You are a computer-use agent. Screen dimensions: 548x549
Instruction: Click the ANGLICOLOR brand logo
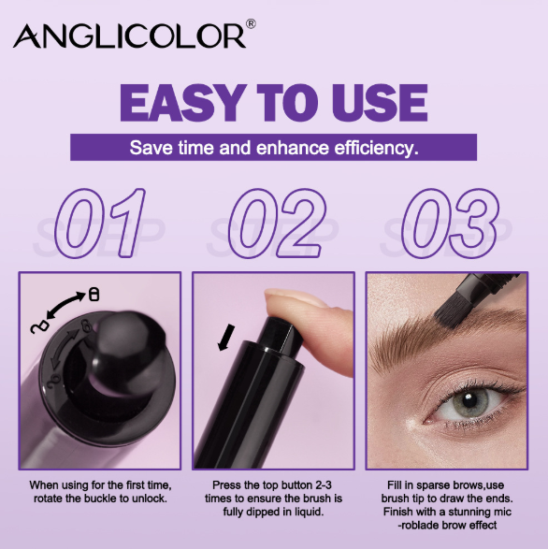click(x=130, y=36)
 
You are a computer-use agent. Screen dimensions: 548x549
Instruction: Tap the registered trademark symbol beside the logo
click(x=251, y=23)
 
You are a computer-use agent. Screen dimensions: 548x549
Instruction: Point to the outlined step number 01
click(x=100, y=223)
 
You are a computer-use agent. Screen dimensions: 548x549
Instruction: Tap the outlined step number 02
click(x=277, y=223)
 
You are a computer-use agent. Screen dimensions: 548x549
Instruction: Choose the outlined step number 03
click(x=450, y=223)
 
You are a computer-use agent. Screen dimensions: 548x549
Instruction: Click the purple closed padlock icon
click(x=94, y=294)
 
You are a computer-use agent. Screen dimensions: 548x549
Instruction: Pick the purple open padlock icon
click(x=39, y=327)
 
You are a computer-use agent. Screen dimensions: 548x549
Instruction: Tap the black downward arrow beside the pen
click(x=226, y=337)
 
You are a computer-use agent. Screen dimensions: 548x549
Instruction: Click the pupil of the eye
click(x=468, y=398)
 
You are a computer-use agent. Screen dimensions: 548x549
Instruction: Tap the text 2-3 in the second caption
click(x=324, y=485)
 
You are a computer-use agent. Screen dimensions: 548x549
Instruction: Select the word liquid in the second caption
click(x=309, y=512)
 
